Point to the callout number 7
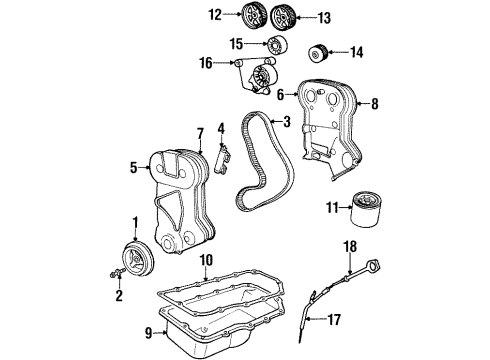(200, 133)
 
